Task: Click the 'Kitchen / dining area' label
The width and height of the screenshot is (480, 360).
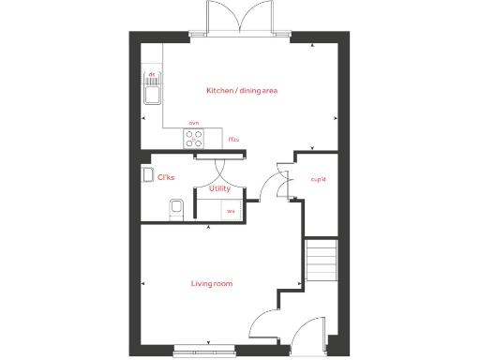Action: [242, 91]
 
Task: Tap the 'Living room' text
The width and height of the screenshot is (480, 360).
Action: [212, 283]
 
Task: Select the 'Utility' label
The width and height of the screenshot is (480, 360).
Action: [219, 188]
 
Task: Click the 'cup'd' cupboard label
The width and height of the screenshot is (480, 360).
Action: [318, 179]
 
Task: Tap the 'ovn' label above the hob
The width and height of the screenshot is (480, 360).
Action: [194, 123]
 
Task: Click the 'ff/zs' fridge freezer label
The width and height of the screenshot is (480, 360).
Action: [233, 140]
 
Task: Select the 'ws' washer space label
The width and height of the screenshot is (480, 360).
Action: [230, 212]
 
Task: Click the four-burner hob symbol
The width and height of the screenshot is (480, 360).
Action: [194, 140]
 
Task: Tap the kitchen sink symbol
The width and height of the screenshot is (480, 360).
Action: [151, 92]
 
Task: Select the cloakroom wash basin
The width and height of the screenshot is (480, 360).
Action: [148, 174]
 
